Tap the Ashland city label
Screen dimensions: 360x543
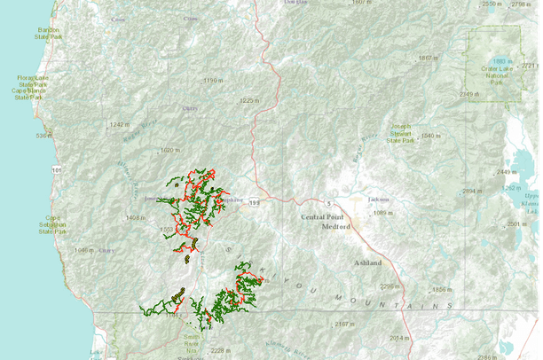coord(367,263)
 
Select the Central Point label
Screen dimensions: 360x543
coord(325,216)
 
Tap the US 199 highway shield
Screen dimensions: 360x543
coord(254,202)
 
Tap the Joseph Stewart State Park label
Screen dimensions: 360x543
coord(395,133)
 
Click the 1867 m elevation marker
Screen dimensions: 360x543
coord(427,59)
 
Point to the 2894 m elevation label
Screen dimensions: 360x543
coord(471,191)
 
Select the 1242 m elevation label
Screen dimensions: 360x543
coord(119,125)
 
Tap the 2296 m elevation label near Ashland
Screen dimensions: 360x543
coord(391,286)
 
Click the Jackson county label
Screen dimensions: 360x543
coord(379,200)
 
